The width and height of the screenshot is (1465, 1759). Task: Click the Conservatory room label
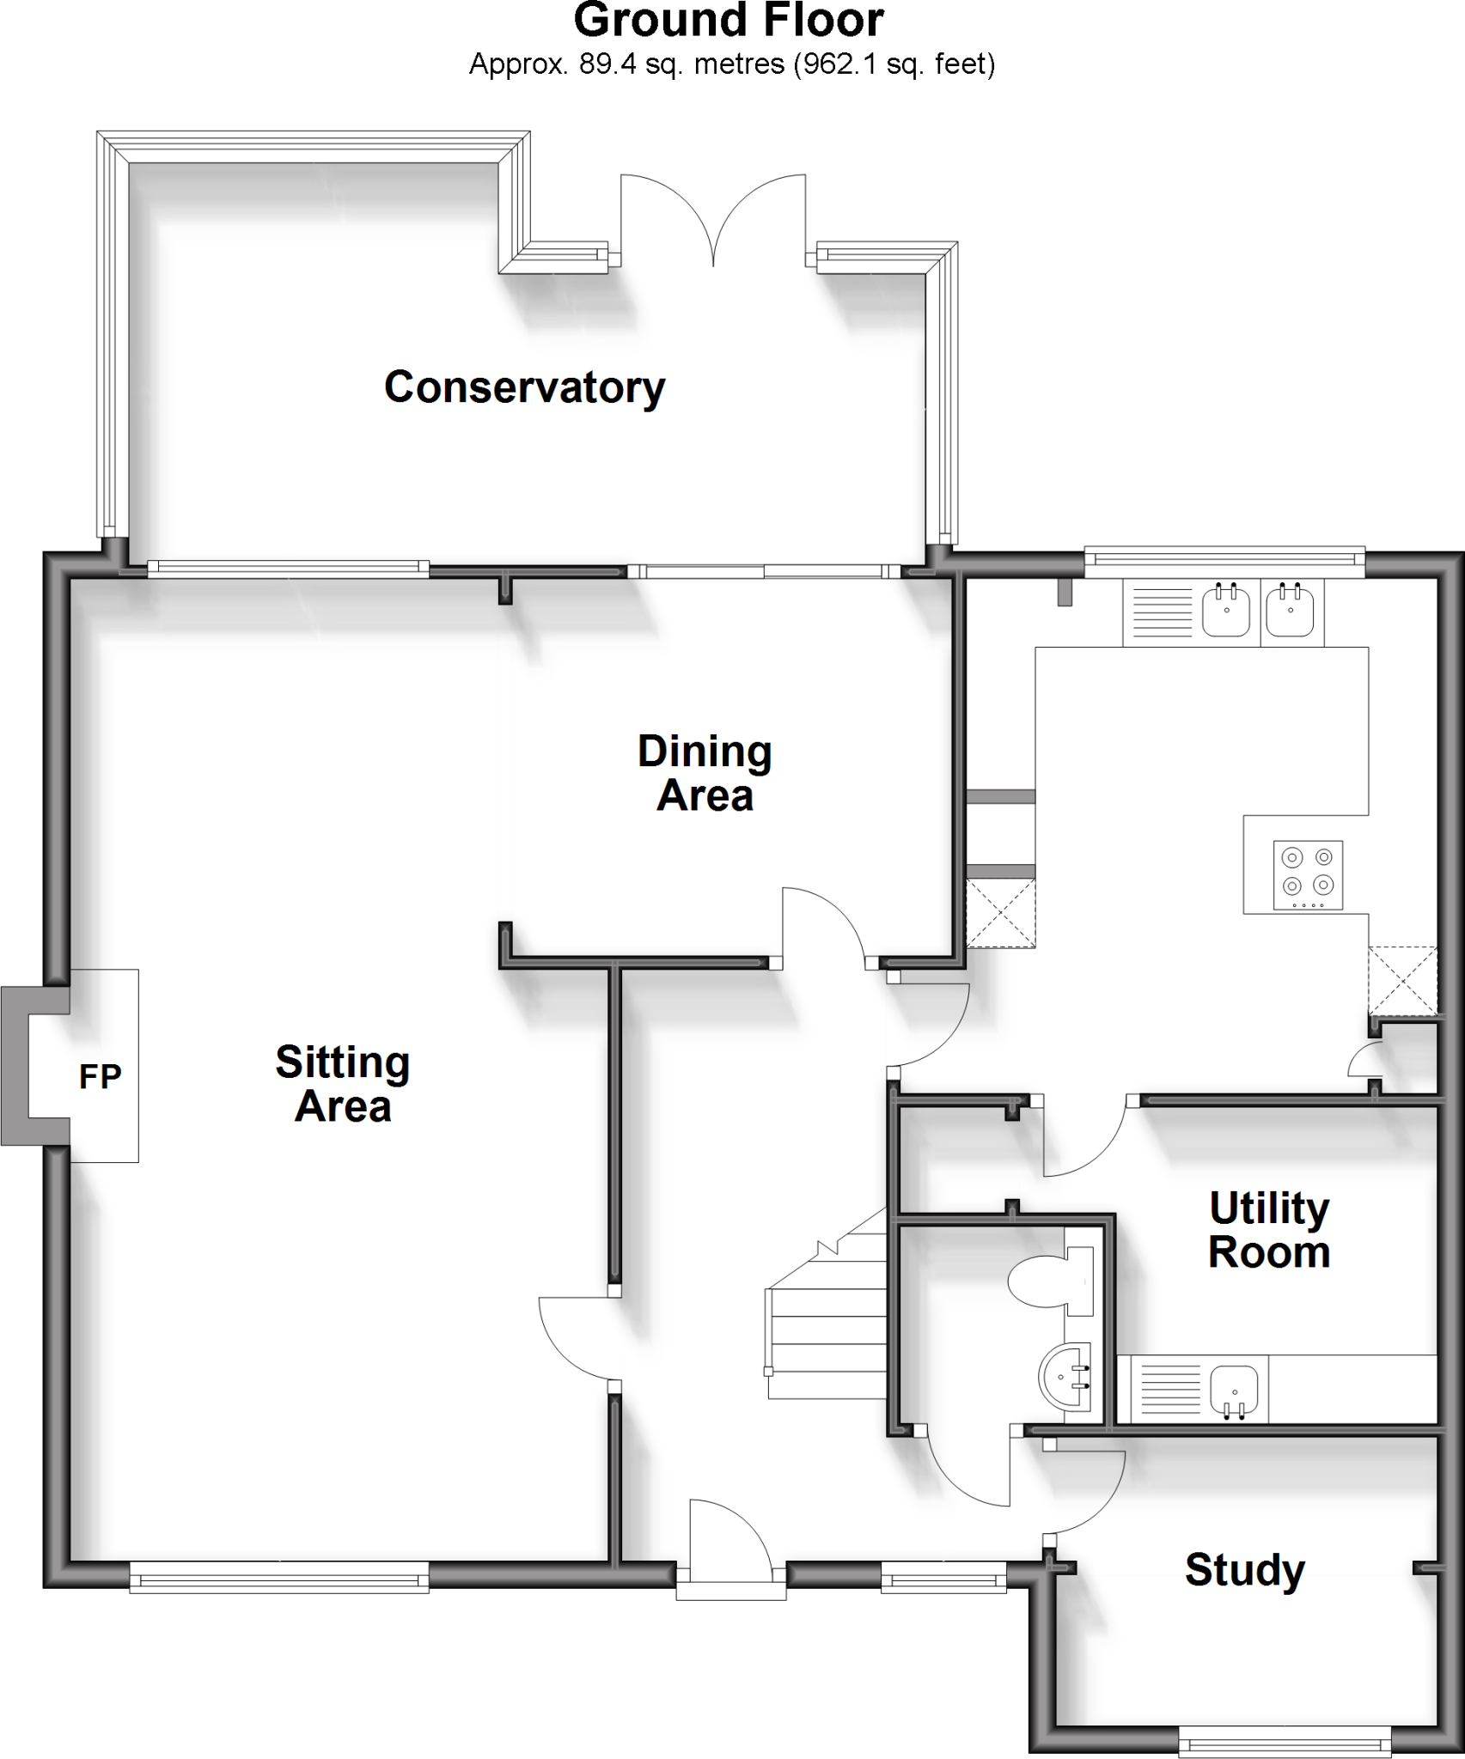click(524, 387)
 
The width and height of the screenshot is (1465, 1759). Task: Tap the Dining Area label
click(705, 773)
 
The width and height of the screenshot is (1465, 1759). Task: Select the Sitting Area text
click(343, 1084)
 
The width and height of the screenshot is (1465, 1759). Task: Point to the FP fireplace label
click(101, 1076)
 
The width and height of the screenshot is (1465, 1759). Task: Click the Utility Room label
click(1269, 1230)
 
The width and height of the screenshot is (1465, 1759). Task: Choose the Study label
click(1245, 1570)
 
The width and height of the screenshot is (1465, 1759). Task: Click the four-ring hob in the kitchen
click(1307, 875)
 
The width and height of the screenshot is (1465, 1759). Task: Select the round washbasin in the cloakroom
click(1065, 1376)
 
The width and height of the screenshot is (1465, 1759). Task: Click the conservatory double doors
click(713, 223)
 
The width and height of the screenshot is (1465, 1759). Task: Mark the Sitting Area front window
click(279, 1577)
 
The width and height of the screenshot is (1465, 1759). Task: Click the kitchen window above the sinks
click(1224, 561)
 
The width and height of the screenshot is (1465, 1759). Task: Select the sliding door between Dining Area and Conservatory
click(763, 571)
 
